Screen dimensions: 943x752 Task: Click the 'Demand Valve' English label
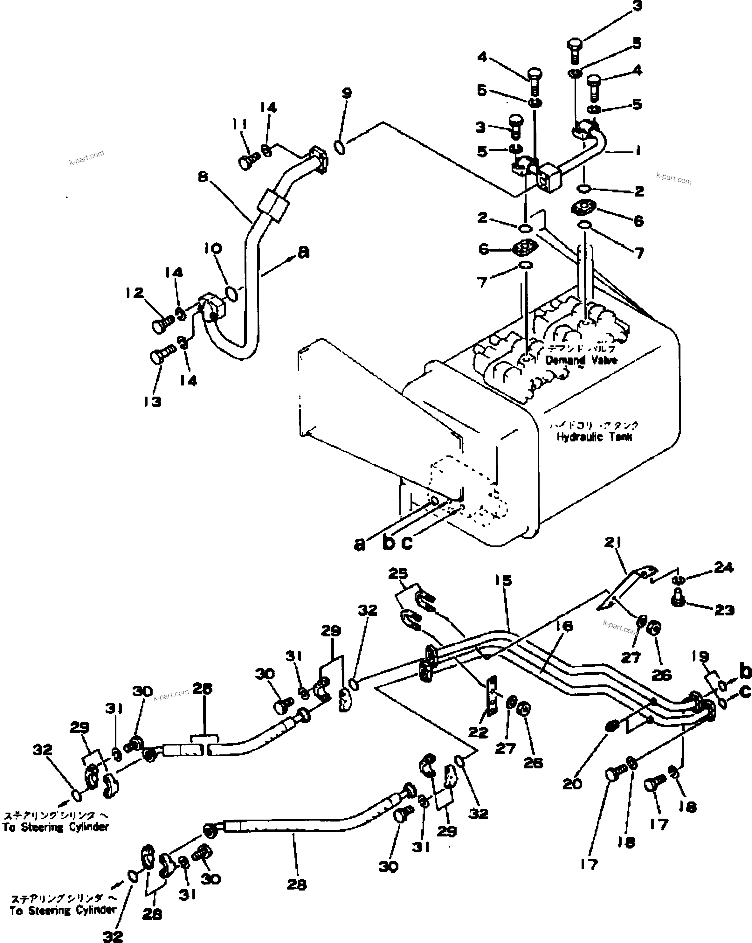coord(581,360)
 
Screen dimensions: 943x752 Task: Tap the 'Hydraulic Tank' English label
coord(594,436)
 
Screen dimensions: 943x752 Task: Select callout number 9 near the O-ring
coord(347,93)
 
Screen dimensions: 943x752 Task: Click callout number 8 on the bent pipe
coord(203,177)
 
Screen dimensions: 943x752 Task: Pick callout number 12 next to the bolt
coord(134,292)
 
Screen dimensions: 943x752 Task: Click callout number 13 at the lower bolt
coord(153,401)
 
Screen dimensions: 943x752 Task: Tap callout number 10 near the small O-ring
coord(213,248)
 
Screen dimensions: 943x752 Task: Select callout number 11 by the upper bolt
coord(239,125)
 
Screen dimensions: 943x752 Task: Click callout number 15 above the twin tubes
coord(503,580)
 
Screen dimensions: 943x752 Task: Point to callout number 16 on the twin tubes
coord(564,626)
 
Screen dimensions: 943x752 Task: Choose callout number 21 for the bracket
coord(613,542)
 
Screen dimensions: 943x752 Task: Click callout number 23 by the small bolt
coord(724,610)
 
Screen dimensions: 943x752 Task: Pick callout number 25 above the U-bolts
coord(398,573)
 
